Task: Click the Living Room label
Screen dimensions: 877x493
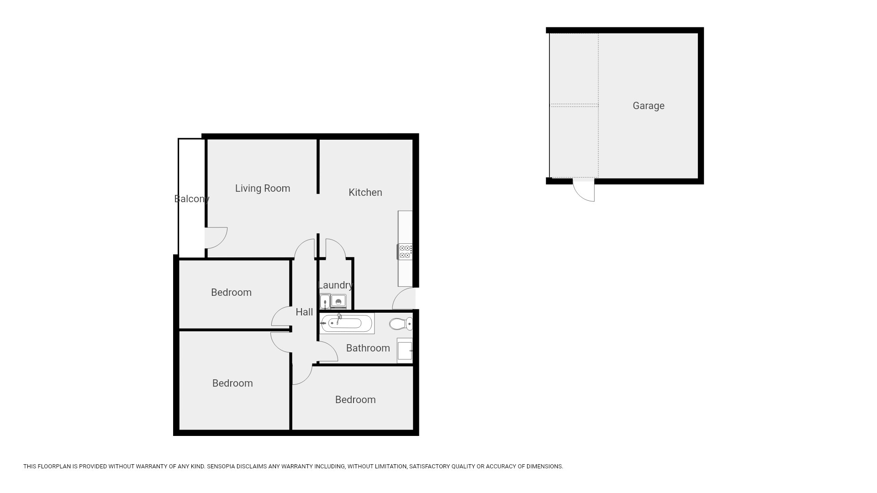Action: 263,188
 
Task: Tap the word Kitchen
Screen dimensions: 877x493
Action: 365,192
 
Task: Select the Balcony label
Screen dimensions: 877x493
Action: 192,199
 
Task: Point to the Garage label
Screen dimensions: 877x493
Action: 649,105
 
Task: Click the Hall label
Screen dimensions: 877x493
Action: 304,312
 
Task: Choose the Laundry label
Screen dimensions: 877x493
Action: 336,285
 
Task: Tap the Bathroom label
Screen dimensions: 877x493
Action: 368,348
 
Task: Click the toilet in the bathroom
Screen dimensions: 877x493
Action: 401,324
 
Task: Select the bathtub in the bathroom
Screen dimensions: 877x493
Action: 347,323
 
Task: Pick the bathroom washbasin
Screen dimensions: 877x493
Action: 405,351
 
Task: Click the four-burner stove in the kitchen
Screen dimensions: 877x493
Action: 405,252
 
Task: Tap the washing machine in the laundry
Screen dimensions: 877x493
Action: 338,301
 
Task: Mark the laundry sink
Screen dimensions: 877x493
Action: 325,301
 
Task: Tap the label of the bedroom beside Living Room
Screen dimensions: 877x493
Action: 231,292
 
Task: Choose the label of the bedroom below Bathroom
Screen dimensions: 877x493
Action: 355,399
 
